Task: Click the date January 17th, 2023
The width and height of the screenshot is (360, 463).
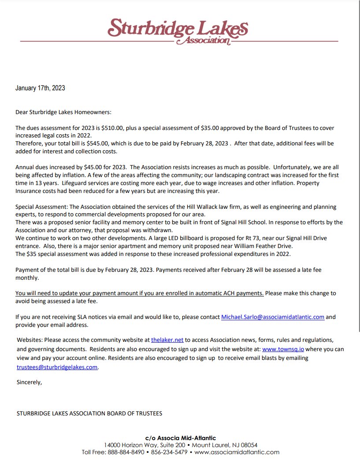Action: point(40,88)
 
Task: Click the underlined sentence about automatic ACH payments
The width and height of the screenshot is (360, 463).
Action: point(139,293)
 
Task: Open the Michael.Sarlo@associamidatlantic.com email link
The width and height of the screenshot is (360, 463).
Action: point(272,317)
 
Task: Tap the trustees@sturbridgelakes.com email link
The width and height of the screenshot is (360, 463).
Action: point(57,367)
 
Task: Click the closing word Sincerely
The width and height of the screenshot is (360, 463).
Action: point(29,382)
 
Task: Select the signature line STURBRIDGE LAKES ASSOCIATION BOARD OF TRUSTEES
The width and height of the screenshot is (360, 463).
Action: point(89,413)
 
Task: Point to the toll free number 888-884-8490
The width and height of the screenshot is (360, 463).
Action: point(128,452)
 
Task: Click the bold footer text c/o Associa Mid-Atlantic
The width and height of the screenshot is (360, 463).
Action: point(180,438)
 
